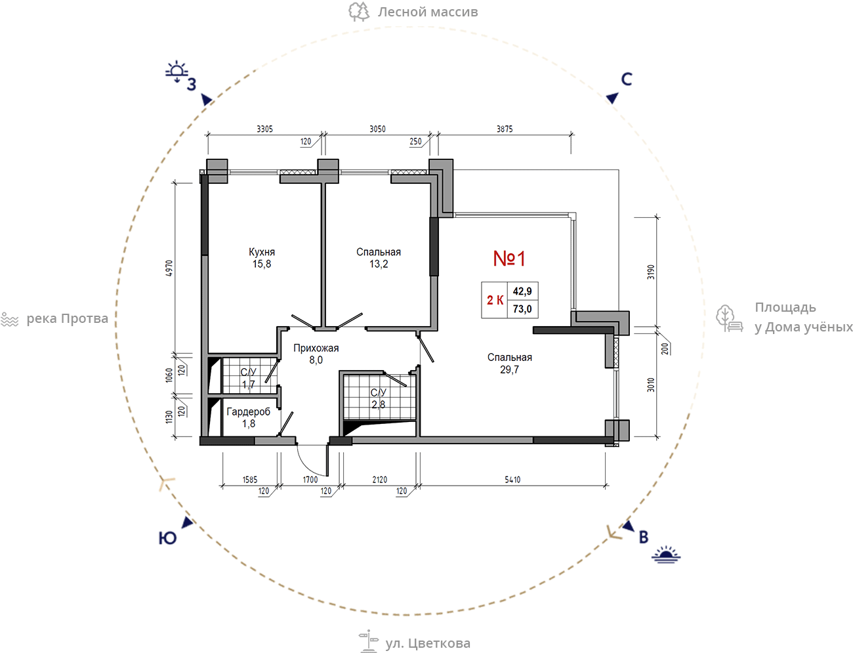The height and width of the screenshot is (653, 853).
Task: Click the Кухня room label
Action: [262, 252]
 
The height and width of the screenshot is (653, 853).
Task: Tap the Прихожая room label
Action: [316, 348]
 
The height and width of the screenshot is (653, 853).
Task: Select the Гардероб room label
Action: [248, 411]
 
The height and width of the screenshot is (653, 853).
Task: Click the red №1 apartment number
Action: [509, 259]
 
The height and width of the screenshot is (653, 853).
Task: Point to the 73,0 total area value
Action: [522, 309]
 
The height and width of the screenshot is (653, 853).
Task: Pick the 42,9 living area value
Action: [522, 291]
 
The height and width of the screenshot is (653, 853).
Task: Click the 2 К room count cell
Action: [495, 300]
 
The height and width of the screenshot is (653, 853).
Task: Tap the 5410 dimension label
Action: [512, 480]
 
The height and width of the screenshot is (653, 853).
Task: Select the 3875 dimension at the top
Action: [505, 129]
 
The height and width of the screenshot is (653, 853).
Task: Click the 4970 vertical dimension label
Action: [169, 268]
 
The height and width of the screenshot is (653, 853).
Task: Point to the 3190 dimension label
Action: [651, 272]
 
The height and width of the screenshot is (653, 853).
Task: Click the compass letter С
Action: [627, 79]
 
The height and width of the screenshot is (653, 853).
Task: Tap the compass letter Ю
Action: [167, 538]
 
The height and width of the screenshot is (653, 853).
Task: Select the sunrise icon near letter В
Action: [666, 555]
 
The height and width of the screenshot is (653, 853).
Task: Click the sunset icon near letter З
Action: [177, 72]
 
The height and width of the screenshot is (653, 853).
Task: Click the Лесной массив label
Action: [427, 12]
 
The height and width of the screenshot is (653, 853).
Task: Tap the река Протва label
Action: [67, 319]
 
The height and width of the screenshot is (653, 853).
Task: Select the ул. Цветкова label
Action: [427, 643]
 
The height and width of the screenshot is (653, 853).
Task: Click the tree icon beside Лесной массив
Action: [358, 12]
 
